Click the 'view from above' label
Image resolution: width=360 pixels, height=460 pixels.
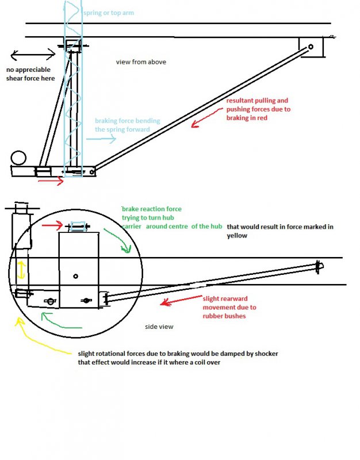(x=141, y=62)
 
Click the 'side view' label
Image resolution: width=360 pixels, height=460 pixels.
(x=159, y=327)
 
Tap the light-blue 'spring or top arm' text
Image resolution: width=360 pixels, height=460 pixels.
(x=109, y=13)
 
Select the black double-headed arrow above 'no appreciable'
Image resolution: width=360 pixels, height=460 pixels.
(x=33, y=55)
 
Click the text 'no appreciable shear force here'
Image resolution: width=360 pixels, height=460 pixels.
(x=30, y=74)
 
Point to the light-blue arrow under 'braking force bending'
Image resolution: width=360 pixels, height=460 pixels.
(x=101, y=139)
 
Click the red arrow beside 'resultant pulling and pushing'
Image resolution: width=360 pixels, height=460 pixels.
(x=207, y=117)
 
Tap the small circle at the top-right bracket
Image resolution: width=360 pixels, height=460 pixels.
(x=311, y=47)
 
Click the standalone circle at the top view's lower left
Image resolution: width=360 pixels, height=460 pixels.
(x=18, y=158)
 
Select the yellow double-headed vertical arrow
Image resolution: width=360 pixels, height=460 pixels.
(x=21, y=270)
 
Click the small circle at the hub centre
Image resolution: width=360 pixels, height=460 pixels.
(x=75, y=276)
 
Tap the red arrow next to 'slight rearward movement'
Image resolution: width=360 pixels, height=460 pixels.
(x=181, y=300)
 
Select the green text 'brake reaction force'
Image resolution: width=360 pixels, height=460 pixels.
(x=152, y=209)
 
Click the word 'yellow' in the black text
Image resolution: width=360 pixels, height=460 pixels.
(x=237, y=236)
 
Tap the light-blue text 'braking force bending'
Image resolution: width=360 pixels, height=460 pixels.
(x=128, y=121)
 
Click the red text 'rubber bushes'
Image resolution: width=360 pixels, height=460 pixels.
(x=224, y=316)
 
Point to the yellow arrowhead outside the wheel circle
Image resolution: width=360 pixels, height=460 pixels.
(x=20, y=321)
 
